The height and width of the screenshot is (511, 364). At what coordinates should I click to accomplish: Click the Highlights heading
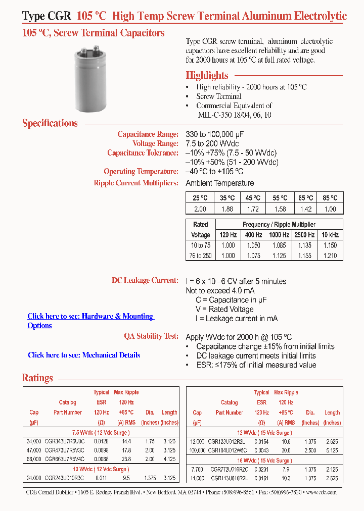[207, 75]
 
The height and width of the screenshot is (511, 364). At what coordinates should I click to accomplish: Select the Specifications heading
[50, 123]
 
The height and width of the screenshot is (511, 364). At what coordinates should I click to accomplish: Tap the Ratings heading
[37, 378]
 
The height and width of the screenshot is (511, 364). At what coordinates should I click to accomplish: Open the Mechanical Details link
[84, 355]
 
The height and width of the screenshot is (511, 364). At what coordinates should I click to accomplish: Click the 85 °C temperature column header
[330, 198]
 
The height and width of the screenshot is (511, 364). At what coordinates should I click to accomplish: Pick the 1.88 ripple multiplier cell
[227, 209]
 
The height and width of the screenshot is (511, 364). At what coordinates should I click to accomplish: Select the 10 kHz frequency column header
[330, 235]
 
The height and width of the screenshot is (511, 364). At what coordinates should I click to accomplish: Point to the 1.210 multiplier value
[330, 255]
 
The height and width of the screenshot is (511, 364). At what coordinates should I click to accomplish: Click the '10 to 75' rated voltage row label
[201, 245]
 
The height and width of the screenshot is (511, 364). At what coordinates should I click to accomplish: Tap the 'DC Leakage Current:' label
[145, 280]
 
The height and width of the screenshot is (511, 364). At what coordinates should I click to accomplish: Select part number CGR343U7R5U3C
[65, 441]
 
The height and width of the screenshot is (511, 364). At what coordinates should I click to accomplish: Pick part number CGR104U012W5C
[229, 449]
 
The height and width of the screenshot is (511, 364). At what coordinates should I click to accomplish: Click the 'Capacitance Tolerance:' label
[143, 153]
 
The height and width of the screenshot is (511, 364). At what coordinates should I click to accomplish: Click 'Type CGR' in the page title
[47, 16]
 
